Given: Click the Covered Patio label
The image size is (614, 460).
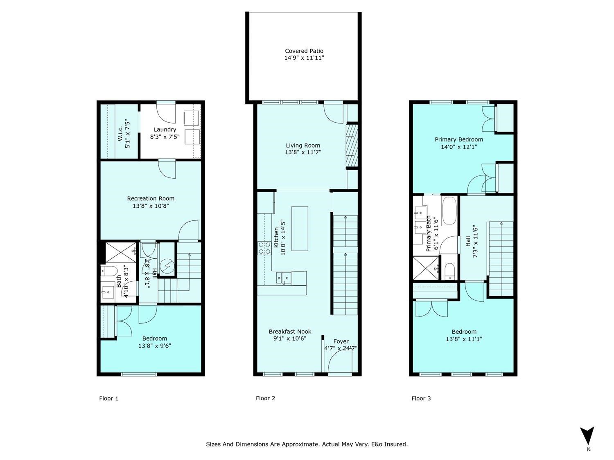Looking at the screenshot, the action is pyautogui.click(x=304, y=51).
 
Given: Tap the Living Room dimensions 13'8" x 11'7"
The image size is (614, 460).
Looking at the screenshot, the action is pyautogui.click(x=303, y=153).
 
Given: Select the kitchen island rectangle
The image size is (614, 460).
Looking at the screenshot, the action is pyautogui.click(x=300, y=229).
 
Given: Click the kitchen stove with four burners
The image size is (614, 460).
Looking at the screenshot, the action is pyautogui.click(x=264, y=248).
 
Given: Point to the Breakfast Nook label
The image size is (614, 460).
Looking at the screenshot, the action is pyautogui.click(x=290, y=332).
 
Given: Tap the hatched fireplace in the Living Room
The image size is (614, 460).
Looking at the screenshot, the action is pyautogui.click(x=352, y=145).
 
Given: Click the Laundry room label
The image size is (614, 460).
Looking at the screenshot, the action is pyautogui.click(x=165, y=130).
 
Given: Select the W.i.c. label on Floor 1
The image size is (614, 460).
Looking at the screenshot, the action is pyautogui.click(x=120, y=134).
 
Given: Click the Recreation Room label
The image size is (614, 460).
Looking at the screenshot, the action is pyautogui.click(x=151, y=199).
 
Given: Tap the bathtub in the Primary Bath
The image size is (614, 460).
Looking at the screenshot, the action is pyautogui.click(x=449, y=211).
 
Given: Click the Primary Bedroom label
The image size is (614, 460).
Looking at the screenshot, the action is pyautogui.click(x=459, y=139).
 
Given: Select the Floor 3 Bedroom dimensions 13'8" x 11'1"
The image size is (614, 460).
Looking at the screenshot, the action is pyautogui.click(x=464, y=339).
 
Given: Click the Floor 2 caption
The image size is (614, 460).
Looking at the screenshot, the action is pyautogui.click(x=266, y=398).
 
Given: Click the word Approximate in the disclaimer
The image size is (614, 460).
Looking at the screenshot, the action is pyautogui.click(x=301, y=444).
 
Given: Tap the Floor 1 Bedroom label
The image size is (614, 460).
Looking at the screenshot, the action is pyautogui.click(x=155, y=339).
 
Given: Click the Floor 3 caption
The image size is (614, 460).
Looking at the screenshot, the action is pyautogui.click(x=421, y=398).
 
